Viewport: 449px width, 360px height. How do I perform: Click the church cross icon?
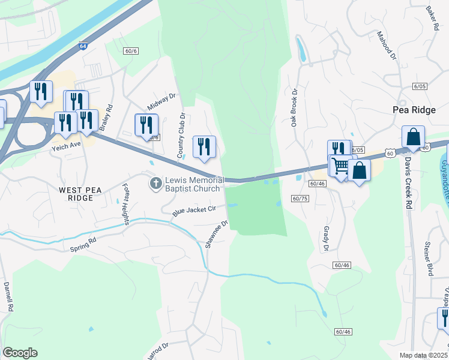click(x=156, y=181)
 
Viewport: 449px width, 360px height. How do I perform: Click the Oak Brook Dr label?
click(x=295, y=108)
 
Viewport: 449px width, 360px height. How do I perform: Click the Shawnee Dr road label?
click(x=217, y=234)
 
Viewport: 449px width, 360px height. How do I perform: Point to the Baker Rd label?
click(x=432, y=19)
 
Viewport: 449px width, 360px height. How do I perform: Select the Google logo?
click(x=20, y=353)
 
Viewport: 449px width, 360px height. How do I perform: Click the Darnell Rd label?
click(x=8, y=296)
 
